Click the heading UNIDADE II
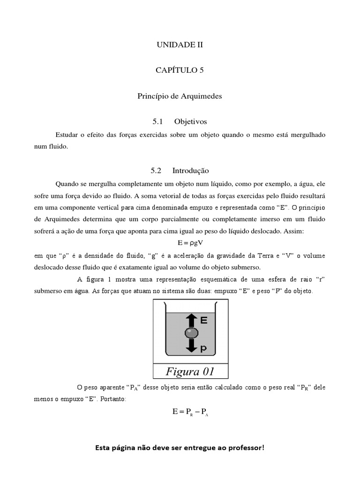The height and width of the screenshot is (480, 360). [180, 45]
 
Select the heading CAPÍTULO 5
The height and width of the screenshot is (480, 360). [180, 70]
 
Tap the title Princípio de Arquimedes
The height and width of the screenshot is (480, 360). [180, 96]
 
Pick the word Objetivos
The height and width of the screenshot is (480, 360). [190, 121]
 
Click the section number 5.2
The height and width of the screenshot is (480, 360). [156, 171]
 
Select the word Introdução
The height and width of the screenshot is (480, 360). [190, 171]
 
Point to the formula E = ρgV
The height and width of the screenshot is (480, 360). [190, 243]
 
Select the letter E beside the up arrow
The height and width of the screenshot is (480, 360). [204, 321]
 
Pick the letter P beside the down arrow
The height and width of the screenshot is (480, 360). [204, 349]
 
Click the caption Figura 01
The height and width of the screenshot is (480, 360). [190, 372]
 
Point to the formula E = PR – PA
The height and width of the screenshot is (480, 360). [190, 412]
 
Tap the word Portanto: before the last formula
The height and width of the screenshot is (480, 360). [112, 399]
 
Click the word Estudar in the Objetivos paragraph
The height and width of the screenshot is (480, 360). [67, 135]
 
